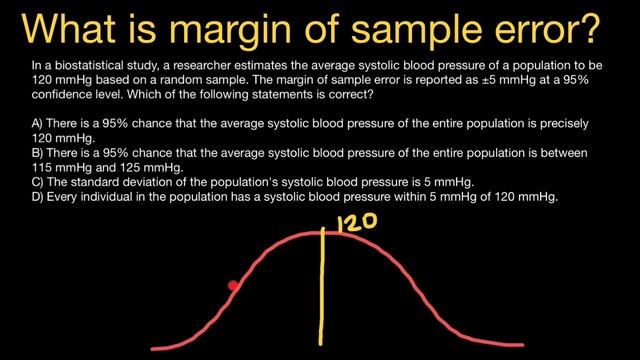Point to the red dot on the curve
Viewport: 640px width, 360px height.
point(233,286)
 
